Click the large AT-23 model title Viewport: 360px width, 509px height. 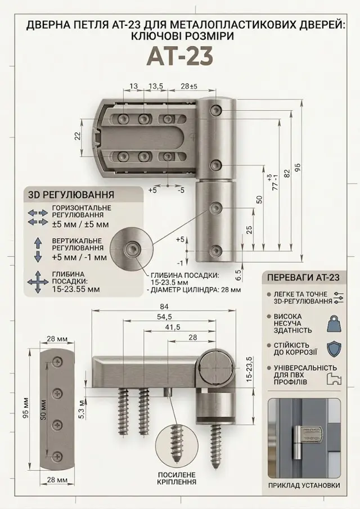pos(181,56)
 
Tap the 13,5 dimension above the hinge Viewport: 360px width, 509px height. pos(156,87)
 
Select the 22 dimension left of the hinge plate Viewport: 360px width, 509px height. pos(78,136)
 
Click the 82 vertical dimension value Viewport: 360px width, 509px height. pos(286,173)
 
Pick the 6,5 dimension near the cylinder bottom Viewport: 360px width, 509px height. pos(238,275)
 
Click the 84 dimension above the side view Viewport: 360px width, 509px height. pos(164,307)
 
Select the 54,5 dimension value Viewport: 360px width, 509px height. pos(164,317)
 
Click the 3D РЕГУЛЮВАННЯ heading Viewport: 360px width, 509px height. pos(71,195)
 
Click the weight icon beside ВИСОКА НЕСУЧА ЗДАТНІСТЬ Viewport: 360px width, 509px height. pos(334,323)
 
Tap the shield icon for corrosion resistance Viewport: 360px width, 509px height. pos(334,349)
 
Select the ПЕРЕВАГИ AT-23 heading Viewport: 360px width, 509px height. pos(303,277)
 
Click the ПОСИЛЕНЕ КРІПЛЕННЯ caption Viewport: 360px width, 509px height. pos(177,478)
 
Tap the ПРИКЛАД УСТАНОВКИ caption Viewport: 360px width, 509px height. pos(304,494)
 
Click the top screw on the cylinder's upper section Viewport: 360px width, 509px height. pos(216,110)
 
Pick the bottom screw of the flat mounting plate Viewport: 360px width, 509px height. pos(57,456)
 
